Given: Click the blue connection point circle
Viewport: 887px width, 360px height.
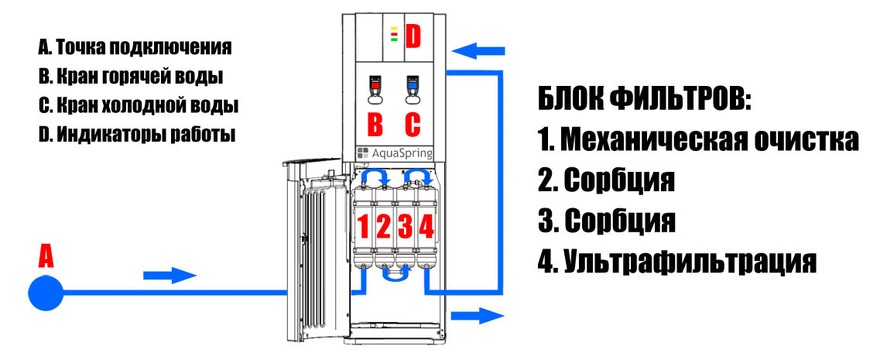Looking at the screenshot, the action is click(x=46, y=293).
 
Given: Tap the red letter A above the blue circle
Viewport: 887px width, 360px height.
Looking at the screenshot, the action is click(x=46, y=255).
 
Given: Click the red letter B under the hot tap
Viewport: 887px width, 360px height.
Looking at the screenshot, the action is click(x=375, y=125).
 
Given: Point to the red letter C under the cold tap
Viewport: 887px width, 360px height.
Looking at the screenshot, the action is click(x=413, y=125).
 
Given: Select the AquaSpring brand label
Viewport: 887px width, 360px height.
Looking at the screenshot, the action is click(x=395, y=153).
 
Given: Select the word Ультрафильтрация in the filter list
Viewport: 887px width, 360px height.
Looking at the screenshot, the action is click(x=690, y=261).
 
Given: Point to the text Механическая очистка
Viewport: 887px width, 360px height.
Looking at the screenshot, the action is click(x=710, y=140).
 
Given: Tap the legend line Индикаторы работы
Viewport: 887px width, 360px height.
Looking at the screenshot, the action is click(x=146, y=135).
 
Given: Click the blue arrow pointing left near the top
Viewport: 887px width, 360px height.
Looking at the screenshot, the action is click(x=478, y=52).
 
